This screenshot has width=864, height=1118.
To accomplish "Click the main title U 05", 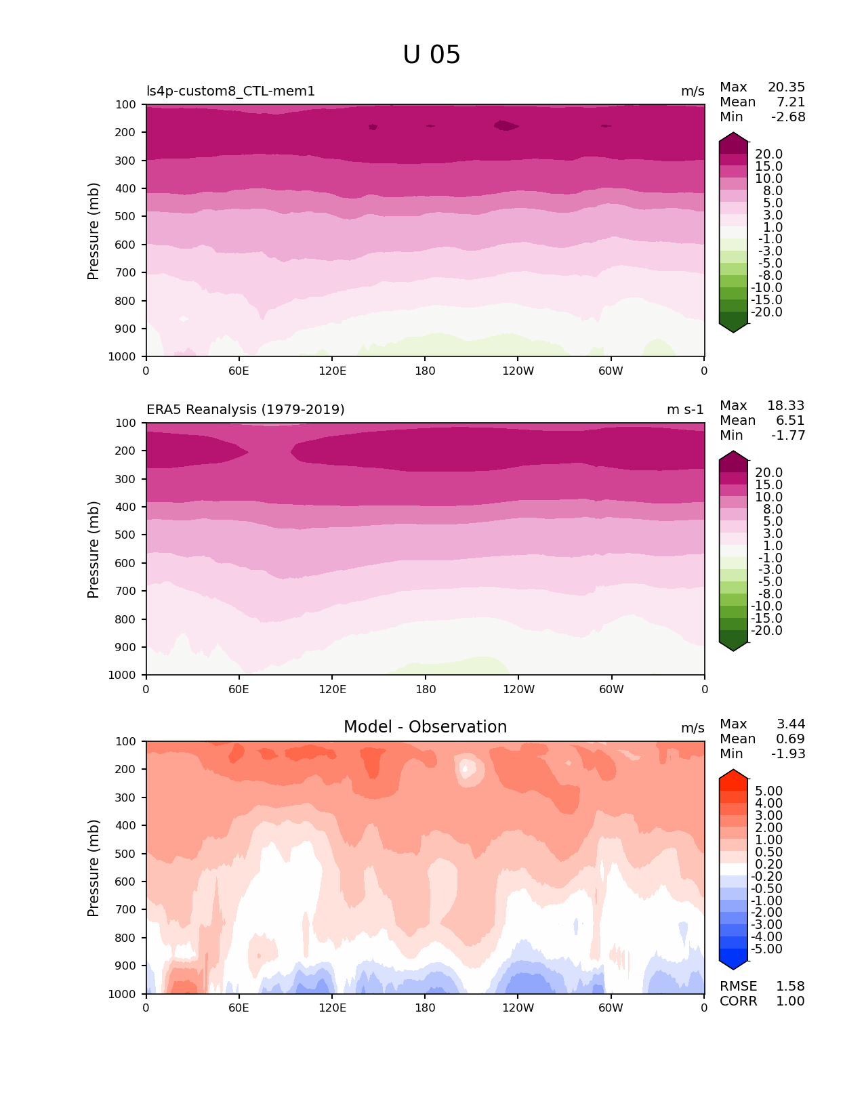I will click(x=432, y=55).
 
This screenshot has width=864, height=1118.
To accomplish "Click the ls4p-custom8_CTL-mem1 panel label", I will click(x=230, y=91).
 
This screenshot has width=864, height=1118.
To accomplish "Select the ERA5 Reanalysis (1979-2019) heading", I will click(x=245, y=410).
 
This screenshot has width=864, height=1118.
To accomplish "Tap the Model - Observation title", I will click(x=425, y=727).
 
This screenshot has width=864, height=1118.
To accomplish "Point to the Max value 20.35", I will click(x=786, y=87).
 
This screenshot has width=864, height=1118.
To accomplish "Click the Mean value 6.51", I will click(x=790, y=421).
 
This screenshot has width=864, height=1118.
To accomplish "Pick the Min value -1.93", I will click(x=788, y=754).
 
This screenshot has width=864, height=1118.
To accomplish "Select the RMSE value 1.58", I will click(x=790, y=987).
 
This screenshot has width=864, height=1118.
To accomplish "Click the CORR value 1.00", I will click(x=790, y=1001).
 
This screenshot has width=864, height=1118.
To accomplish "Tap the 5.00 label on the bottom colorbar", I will click(x=768, y=791).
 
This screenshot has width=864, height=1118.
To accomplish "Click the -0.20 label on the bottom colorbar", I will click(x=767, y=877).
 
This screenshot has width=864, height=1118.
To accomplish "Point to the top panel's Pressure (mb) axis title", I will click(x=94, y=231).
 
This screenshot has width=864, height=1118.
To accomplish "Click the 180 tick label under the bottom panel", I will click(x=425, y=1008).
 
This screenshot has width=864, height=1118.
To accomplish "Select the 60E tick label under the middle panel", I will click(x=239, y=690).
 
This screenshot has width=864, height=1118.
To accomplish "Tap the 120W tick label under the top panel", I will click(x=518, y=371).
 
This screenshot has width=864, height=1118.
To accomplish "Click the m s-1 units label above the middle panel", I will click(x=685, y=410).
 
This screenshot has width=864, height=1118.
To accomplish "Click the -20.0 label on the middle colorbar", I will click(x=767, y=631).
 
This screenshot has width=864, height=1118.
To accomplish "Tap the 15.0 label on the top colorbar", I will click(x=768, y=167).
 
